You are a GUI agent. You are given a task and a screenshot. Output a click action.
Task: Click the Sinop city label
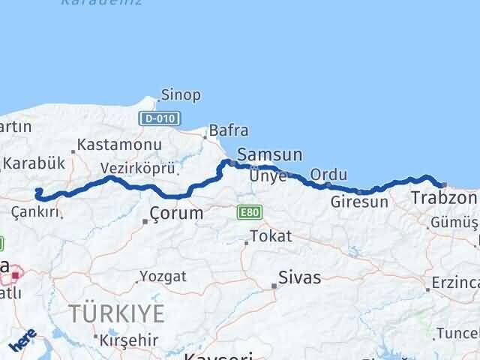click(x=181, y=95)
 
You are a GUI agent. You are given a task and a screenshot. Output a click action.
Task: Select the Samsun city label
click(x=269, y=155)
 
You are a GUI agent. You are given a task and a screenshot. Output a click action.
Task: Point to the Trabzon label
click(x=444, y=199)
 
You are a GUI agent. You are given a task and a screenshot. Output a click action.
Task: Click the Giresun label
click(x=359, y=202)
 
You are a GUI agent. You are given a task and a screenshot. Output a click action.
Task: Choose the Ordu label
click(x=328, y=175)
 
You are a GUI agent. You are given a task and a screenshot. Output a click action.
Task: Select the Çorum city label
click(x=175, y=213)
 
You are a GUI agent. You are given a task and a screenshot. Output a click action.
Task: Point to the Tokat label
click(x=271, y=237)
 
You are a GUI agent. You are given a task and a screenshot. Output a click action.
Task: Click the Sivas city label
click(x=299, y=277)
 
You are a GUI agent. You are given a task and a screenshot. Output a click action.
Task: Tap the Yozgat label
click(x=162, y=277)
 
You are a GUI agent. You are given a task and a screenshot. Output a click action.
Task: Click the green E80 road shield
click(x=249, y=213)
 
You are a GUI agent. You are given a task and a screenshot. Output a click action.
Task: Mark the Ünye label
click(x=268, y=176)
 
